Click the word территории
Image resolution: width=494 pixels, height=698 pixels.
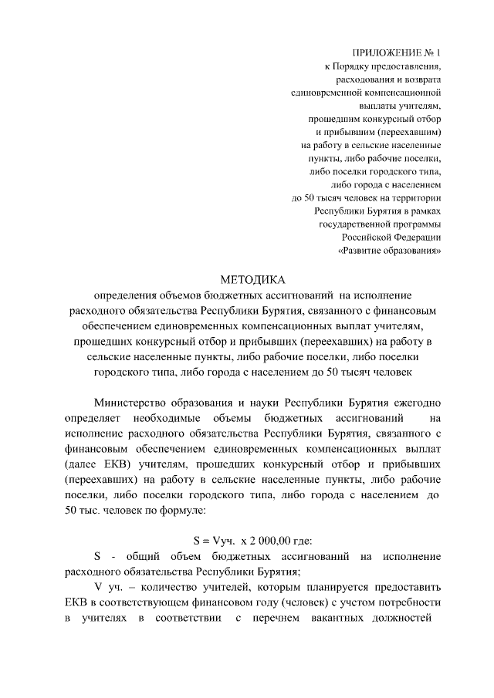click(x=411, y=197)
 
